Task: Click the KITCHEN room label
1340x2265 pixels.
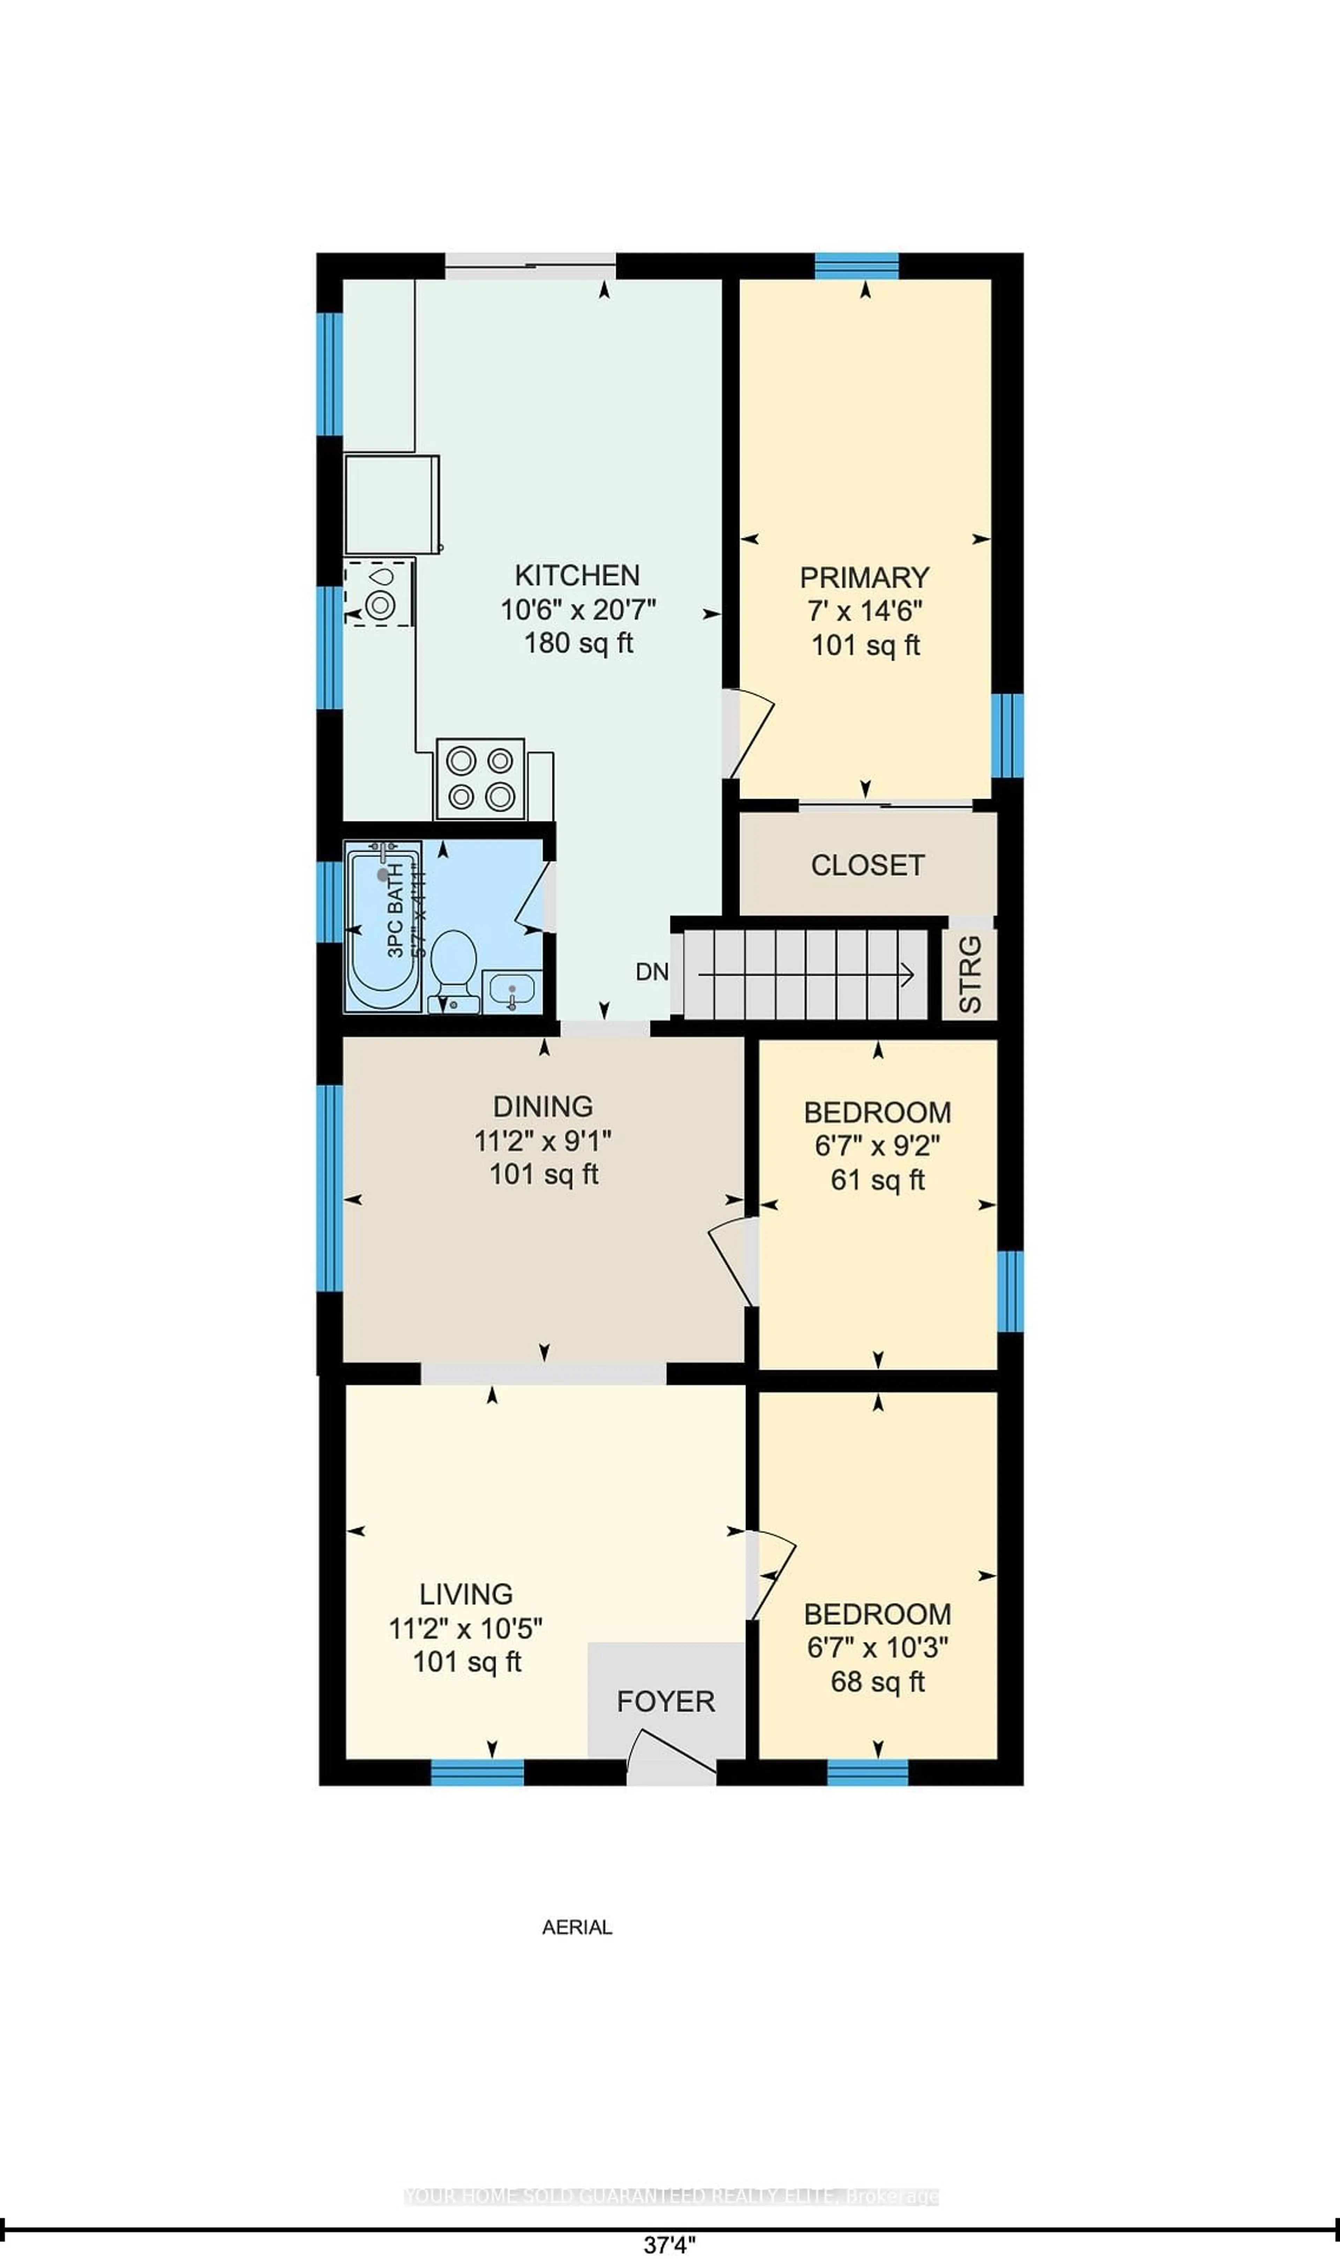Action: (577, 575)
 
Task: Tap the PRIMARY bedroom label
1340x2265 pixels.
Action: (864, 577)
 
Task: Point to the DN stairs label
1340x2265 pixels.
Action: (652, 972)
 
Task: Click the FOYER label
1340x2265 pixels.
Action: (665, 1701)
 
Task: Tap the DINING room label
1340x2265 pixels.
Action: (543, 1106)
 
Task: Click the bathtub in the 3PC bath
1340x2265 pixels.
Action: (383, 926)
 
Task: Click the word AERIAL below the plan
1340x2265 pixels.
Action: (577, 1927)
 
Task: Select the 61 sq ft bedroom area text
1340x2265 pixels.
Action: (878, 1180)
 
